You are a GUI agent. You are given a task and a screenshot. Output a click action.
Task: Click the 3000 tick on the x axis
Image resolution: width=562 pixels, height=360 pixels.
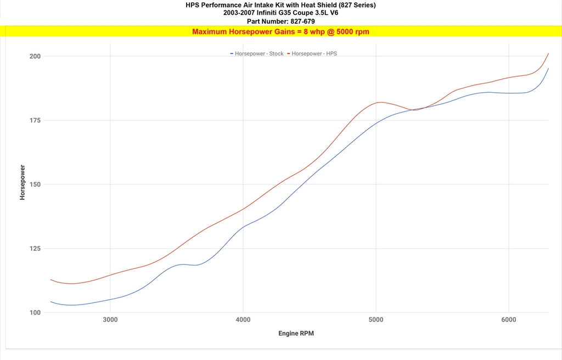point(110,320)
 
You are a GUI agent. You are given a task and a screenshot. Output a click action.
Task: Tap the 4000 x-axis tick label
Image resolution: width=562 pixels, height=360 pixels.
point(243,320)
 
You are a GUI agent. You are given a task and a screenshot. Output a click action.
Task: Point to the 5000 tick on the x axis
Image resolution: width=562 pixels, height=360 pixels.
point(376,320)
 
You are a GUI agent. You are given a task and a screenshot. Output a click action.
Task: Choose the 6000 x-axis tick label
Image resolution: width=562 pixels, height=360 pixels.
point(509,320)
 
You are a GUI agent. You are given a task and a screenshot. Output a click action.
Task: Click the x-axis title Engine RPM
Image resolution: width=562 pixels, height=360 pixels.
point(296,334)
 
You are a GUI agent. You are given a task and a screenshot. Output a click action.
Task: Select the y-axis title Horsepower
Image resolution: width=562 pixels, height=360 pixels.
point(23,182)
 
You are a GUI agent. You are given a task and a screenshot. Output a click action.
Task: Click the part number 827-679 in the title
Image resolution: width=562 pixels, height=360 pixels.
point(298,21)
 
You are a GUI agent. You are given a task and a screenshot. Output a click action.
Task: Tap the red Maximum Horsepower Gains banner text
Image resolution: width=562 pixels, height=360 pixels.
point(280,32)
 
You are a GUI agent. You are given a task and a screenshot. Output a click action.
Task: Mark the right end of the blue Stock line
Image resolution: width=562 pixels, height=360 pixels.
point(548,69)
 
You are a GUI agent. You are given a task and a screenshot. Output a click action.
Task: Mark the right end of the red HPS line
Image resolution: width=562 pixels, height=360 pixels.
point(548,53)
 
